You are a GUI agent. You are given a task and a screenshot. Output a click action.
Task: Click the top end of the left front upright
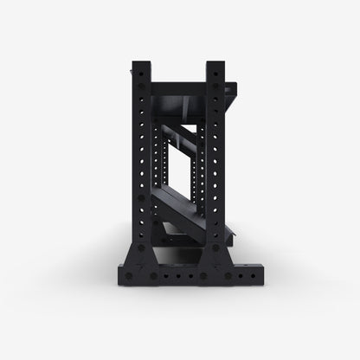[x=142, y=63]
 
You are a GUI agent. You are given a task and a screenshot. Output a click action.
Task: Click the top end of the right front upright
[x=215, y=63]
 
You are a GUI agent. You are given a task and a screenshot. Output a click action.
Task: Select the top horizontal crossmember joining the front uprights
[x=179, y=87]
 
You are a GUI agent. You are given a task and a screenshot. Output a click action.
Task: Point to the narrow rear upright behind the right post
[x=202, y=173]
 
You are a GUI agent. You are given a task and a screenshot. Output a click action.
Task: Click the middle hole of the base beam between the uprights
[x=179, y=277]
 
